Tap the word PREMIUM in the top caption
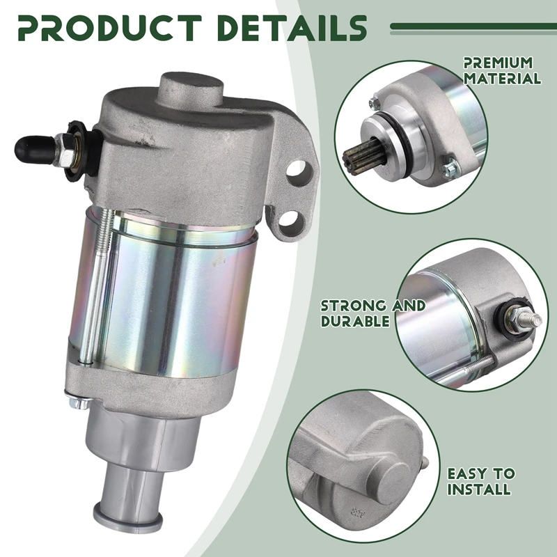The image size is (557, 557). click(x=498, y=63)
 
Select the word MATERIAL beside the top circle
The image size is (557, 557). click(x=502, y=78)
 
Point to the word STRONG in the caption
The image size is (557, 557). click(x=354, y=306)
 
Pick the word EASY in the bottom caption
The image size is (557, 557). click(x=466, y=473)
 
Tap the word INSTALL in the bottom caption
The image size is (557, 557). click(x=479, y=489)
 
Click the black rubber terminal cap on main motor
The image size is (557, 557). click(x=34, y=149)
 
